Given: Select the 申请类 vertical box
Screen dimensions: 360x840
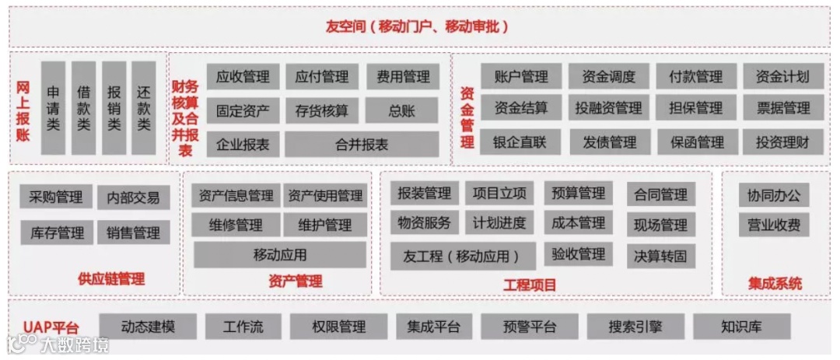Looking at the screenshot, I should click(53, 108).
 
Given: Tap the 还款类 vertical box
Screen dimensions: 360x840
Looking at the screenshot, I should click(143, 108).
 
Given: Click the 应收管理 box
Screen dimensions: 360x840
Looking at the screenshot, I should click(243, 76).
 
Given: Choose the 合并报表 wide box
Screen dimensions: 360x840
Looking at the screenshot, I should click(362, 145).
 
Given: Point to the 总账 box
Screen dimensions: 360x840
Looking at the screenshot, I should click(402, 110).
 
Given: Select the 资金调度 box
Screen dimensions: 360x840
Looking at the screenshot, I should click(608, 76).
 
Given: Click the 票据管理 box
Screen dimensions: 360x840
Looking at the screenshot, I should click(782, 108).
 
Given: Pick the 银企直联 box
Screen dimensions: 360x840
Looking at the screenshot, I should click(520, 142).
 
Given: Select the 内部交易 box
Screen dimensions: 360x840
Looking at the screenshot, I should click(134, 197).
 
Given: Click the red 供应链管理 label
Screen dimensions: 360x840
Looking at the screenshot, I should click(111, 279).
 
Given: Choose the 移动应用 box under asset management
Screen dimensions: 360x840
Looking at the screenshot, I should click(280, 254).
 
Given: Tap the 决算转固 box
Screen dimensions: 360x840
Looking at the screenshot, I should click(660, 256).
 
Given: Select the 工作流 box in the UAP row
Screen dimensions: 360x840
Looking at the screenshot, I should click(243, 327).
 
